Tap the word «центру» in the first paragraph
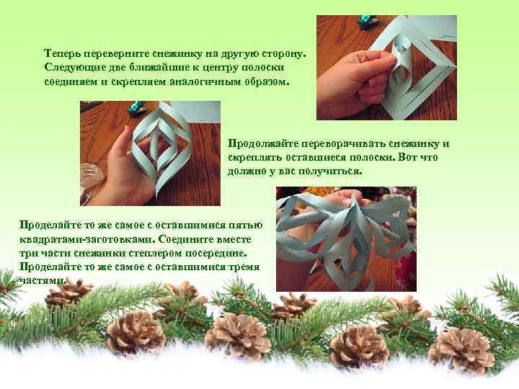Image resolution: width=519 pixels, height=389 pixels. (217, 68)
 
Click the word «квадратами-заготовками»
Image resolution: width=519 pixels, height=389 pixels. (86, 239)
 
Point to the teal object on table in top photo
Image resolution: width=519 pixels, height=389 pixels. (368, 22)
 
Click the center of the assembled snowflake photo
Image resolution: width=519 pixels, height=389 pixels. (346, 239)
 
